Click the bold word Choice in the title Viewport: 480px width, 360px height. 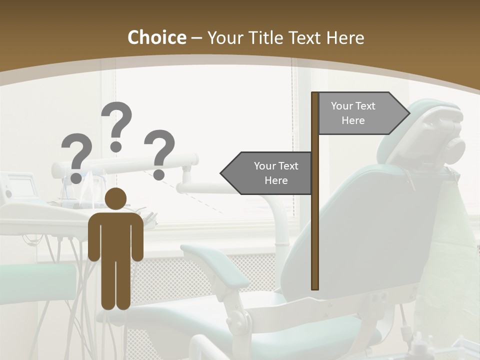pyautogui.click(x=156, y=38)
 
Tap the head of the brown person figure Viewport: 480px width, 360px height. pyautogui.click(x=115, y=198)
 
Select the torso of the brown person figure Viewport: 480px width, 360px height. pyautogui.click(x=115, y=235)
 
